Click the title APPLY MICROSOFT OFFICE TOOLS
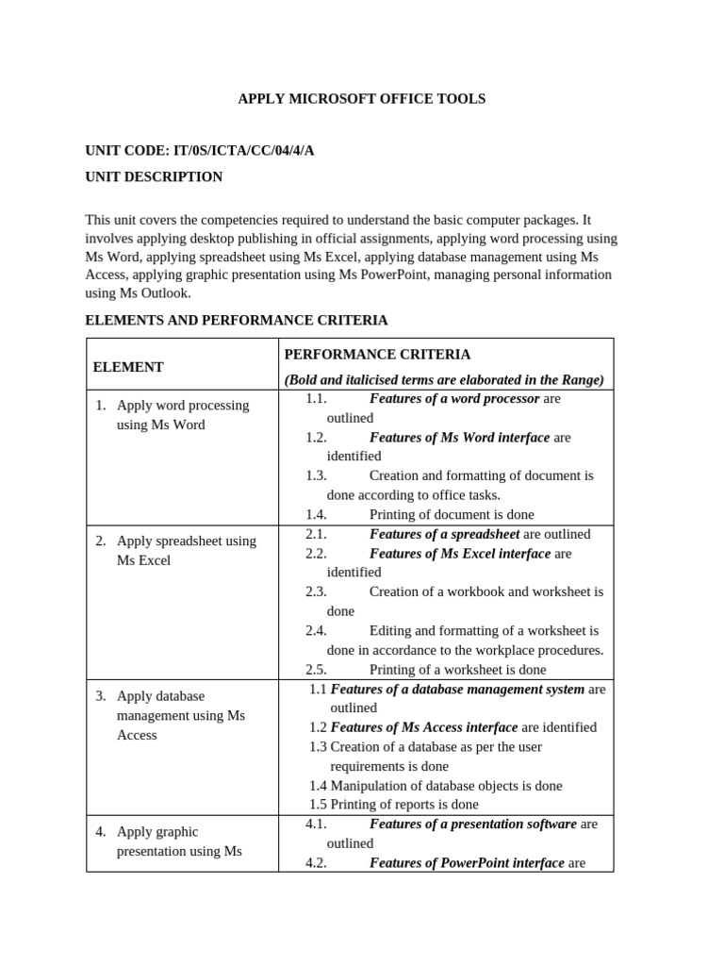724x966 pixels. point(361,98)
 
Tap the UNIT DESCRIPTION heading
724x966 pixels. point(154,176)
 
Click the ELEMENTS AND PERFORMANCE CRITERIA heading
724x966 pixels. point(236,320)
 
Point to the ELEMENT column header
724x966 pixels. point(128,367)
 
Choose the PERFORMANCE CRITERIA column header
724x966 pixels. point(377,355)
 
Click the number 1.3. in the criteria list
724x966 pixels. point(316,475)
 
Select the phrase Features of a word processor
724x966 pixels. point(454,398)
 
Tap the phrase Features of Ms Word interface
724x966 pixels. point(459,437)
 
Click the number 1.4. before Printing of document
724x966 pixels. point(316,514)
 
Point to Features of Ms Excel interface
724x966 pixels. point(459,553)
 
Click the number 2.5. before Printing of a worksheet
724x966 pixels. point(316,669)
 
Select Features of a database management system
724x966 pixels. point(457,689)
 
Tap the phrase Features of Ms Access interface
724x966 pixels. point(424,727)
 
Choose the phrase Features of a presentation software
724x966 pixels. point(472,824)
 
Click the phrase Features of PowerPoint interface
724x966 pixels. point(467,862)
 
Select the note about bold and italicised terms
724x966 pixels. point(444,379)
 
